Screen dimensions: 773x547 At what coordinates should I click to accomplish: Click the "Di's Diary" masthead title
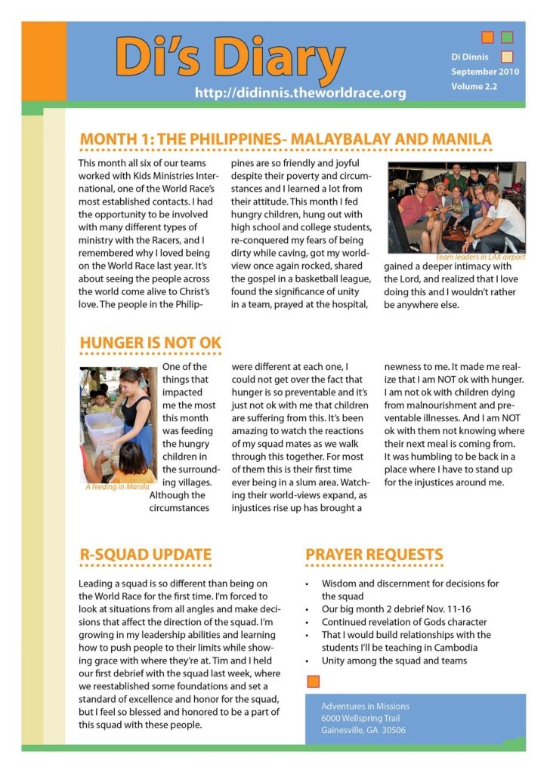point(230,56)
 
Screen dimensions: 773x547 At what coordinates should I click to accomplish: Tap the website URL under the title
point(300,94)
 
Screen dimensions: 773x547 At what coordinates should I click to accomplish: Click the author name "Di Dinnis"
point(471,57)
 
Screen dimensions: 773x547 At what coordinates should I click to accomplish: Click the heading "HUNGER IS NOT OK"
point(150,343)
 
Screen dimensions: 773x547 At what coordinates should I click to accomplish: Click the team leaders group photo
point(456,208)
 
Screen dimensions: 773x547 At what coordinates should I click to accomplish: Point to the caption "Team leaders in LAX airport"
point(480,257)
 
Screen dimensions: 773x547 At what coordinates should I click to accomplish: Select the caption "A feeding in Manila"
point(117,487)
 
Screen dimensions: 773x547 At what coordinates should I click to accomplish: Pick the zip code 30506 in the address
point(392,730)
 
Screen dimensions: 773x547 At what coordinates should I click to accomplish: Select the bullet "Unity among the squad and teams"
point(394,661)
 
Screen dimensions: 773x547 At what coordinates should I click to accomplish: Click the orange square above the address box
point(314,682)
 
